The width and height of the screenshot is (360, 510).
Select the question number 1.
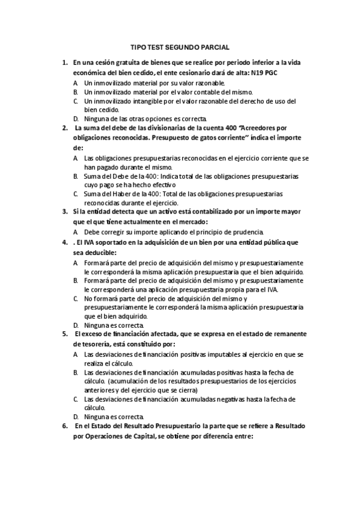[x=65, y=62]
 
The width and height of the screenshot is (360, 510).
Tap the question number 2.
[x=65, y=127]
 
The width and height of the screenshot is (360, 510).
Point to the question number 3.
[x=65, y=211]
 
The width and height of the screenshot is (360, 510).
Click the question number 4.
[x=65, y=242]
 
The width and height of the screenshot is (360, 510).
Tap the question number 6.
[x=65, y=426]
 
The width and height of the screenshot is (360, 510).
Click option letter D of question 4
[x=76, y=325]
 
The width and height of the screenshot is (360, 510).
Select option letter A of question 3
[x=76, y=232]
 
